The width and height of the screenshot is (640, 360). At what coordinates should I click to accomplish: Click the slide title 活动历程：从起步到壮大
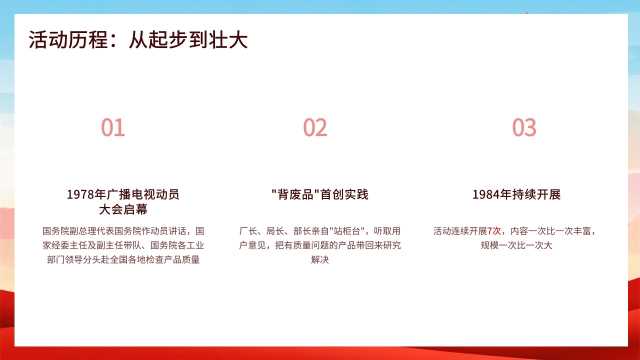pyautogui.click(x=138, y=40)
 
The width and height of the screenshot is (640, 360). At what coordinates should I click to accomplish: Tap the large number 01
pyautogui.click(x=113, y=127)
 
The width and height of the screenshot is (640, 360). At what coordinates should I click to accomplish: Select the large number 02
pyautogui.click(x=315, y=127)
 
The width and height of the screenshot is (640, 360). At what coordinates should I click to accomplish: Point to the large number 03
pyautogui.click(x=524, y=127)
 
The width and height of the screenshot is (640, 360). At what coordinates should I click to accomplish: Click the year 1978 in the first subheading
pyautogui.click(x=80, y=195)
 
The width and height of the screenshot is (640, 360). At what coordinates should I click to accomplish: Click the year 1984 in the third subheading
pyautogui.click(x=486, y=195)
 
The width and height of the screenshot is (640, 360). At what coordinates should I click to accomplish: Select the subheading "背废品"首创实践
pyautogui.click(x=320, y=195)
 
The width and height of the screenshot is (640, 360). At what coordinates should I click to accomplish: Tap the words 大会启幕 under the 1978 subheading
pyautogui.click(x=123, y=210)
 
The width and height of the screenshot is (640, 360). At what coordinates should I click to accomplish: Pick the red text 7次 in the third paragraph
pyautogui.click(x=494, y=231)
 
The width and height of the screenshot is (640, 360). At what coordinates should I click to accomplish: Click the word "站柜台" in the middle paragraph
pyautogui.click(x=347, y=231)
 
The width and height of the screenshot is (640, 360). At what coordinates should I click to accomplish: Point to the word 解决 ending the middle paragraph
pyautogui.click(x=320, y=260)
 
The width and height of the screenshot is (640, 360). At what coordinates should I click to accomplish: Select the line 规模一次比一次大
pyautogui.click(x=516, y=245)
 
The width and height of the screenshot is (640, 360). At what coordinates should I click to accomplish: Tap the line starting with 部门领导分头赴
pyautogui.click(x=123, y=260)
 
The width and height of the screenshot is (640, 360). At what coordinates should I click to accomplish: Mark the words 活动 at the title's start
pyautogui.click(x=48, y=40)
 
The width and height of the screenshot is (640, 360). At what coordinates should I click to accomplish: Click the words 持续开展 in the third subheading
pyautogui.click(x=536, y=195)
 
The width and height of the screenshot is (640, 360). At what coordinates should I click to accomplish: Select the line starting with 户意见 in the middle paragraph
pyautogui.click(x=320, y=245)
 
